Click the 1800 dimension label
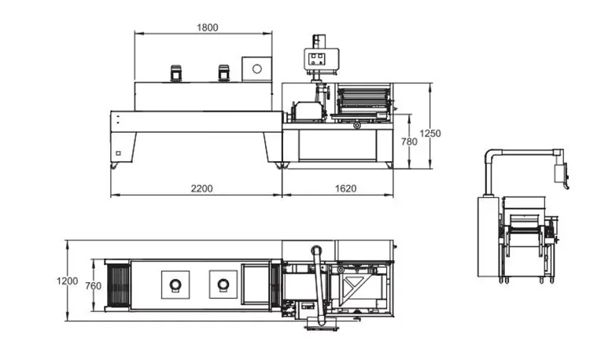[x=208, y=28]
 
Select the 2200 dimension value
[x=201, y=189]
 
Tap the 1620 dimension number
[x=345, y=189]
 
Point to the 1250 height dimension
[x=430, y=134]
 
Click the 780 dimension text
[x=409, y=141]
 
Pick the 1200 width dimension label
[x=68, y=281]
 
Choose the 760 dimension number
[x=93, y=286]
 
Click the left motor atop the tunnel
[x=175, y=73]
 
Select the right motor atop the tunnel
[x=223, y=73]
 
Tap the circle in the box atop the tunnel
[x=257, y=68]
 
